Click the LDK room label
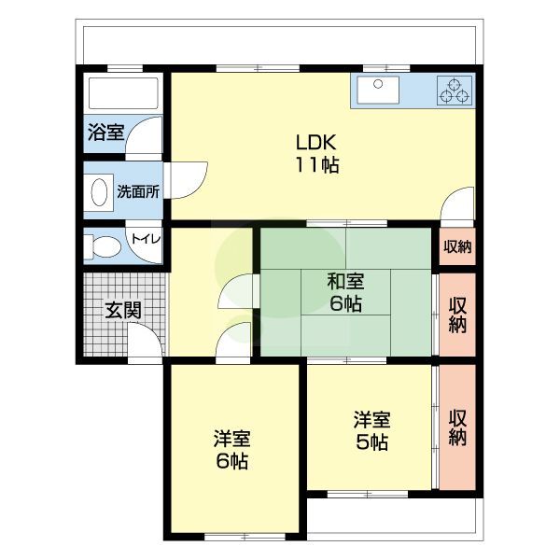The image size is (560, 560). click(315, 142)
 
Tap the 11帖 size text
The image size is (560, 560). click(316, 165)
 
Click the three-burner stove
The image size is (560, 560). click(455, 91)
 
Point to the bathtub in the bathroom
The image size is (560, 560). click(123, 93)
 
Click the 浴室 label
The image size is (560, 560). click(106, 133)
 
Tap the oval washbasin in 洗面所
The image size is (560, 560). click(99, 192)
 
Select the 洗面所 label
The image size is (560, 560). click(138, 192)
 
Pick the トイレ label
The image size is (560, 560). click(147, 239)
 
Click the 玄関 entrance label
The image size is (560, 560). click(123, 310)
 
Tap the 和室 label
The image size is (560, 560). click(345, 281)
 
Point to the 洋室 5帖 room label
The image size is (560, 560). click(371, 431)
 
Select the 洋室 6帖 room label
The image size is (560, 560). click(231, 450)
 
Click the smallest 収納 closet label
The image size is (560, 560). click(457, 246)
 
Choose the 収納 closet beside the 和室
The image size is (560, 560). click(457, 315)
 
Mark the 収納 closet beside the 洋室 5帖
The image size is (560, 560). click(457, 427)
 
